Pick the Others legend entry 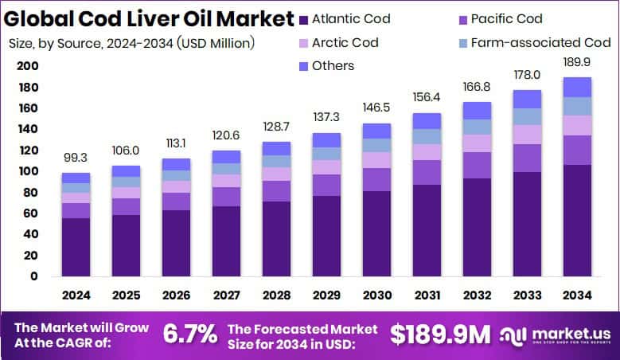(x=333, y=65)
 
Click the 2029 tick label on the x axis (x=326, y=295)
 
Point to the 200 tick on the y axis (x=27, y=66)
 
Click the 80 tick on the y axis (x=30, y=192)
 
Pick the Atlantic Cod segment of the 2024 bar (x=76, y=247)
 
